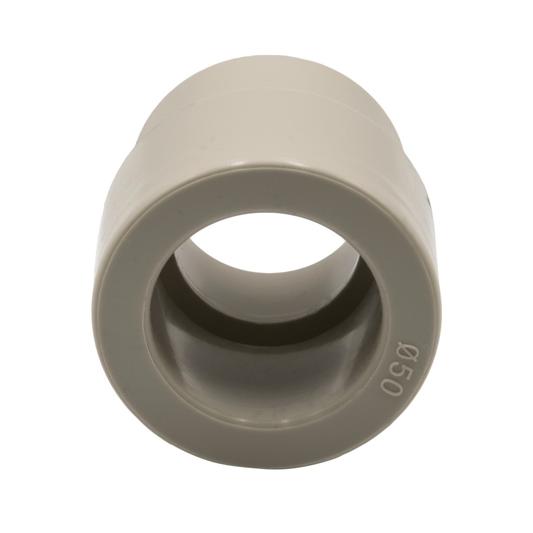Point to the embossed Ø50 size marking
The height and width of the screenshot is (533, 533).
pos(395,369)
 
